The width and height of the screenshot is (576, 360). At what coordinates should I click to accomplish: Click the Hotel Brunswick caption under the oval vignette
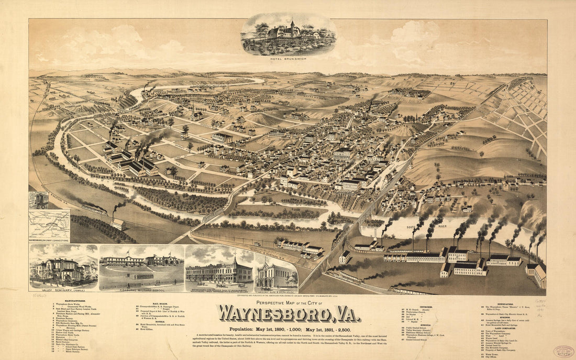point(288,59)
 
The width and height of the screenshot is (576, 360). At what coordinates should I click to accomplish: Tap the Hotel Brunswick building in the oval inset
point(285,32)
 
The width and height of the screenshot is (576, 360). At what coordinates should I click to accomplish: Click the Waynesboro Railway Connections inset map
point(49,225)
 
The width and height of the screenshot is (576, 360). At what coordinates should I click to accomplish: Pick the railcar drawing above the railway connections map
point(38,200)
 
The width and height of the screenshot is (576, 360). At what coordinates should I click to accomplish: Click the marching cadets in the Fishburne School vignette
point(144,276)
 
